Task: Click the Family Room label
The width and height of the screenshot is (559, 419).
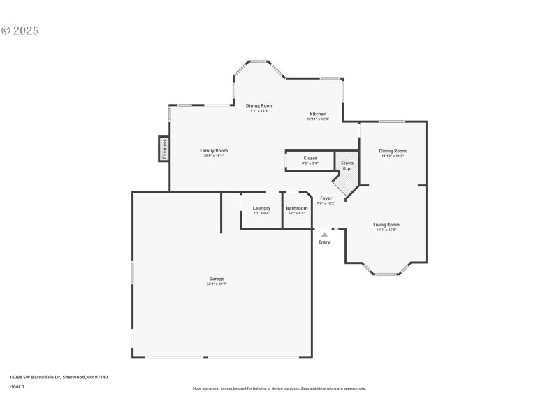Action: coord(214,151)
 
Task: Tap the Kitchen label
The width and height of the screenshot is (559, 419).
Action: coord(318,114)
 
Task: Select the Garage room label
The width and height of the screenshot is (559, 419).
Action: coord(216,279)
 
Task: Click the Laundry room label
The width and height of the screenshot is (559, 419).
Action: coord(261,208)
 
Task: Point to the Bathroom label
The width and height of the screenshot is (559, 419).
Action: coord(297,208)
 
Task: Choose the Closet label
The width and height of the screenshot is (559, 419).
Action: coord(310,159)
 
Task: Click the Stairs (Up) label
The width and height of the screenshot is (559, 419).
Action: coord(347,166)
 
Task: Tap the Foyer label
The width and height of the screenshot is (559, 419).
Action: coord(326,198)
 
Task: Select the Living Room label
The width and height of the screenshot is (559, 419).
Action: coord(386,225)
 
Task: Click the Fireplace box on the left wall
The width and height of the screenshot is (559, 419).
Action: coord(164,149)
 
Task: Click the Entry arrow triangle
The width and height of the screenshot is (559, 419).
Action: coord(324,235)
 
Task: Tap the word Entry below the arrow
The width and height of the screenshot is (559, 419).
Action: coord(324,242)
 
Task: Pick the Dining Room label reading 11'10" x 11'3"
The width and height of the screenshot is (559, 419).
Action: coord(393,151)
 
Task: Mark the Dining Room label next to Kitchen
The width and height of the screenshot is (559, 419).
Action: coord(259,105)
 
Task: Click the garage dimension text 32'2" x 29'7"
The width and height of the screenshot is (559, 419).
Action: coord(216,284)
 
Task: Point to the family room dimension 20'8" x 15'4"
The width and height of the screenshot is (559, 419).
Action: coord(214,156)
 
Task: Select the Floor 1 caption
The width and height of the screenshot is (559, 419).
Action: coord(17,386)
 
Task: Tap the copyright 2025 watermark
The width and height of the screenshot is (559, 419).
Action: coord(20,31)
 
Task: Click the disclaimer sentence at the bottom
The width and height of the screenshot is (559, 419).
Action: coord(279,388)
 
